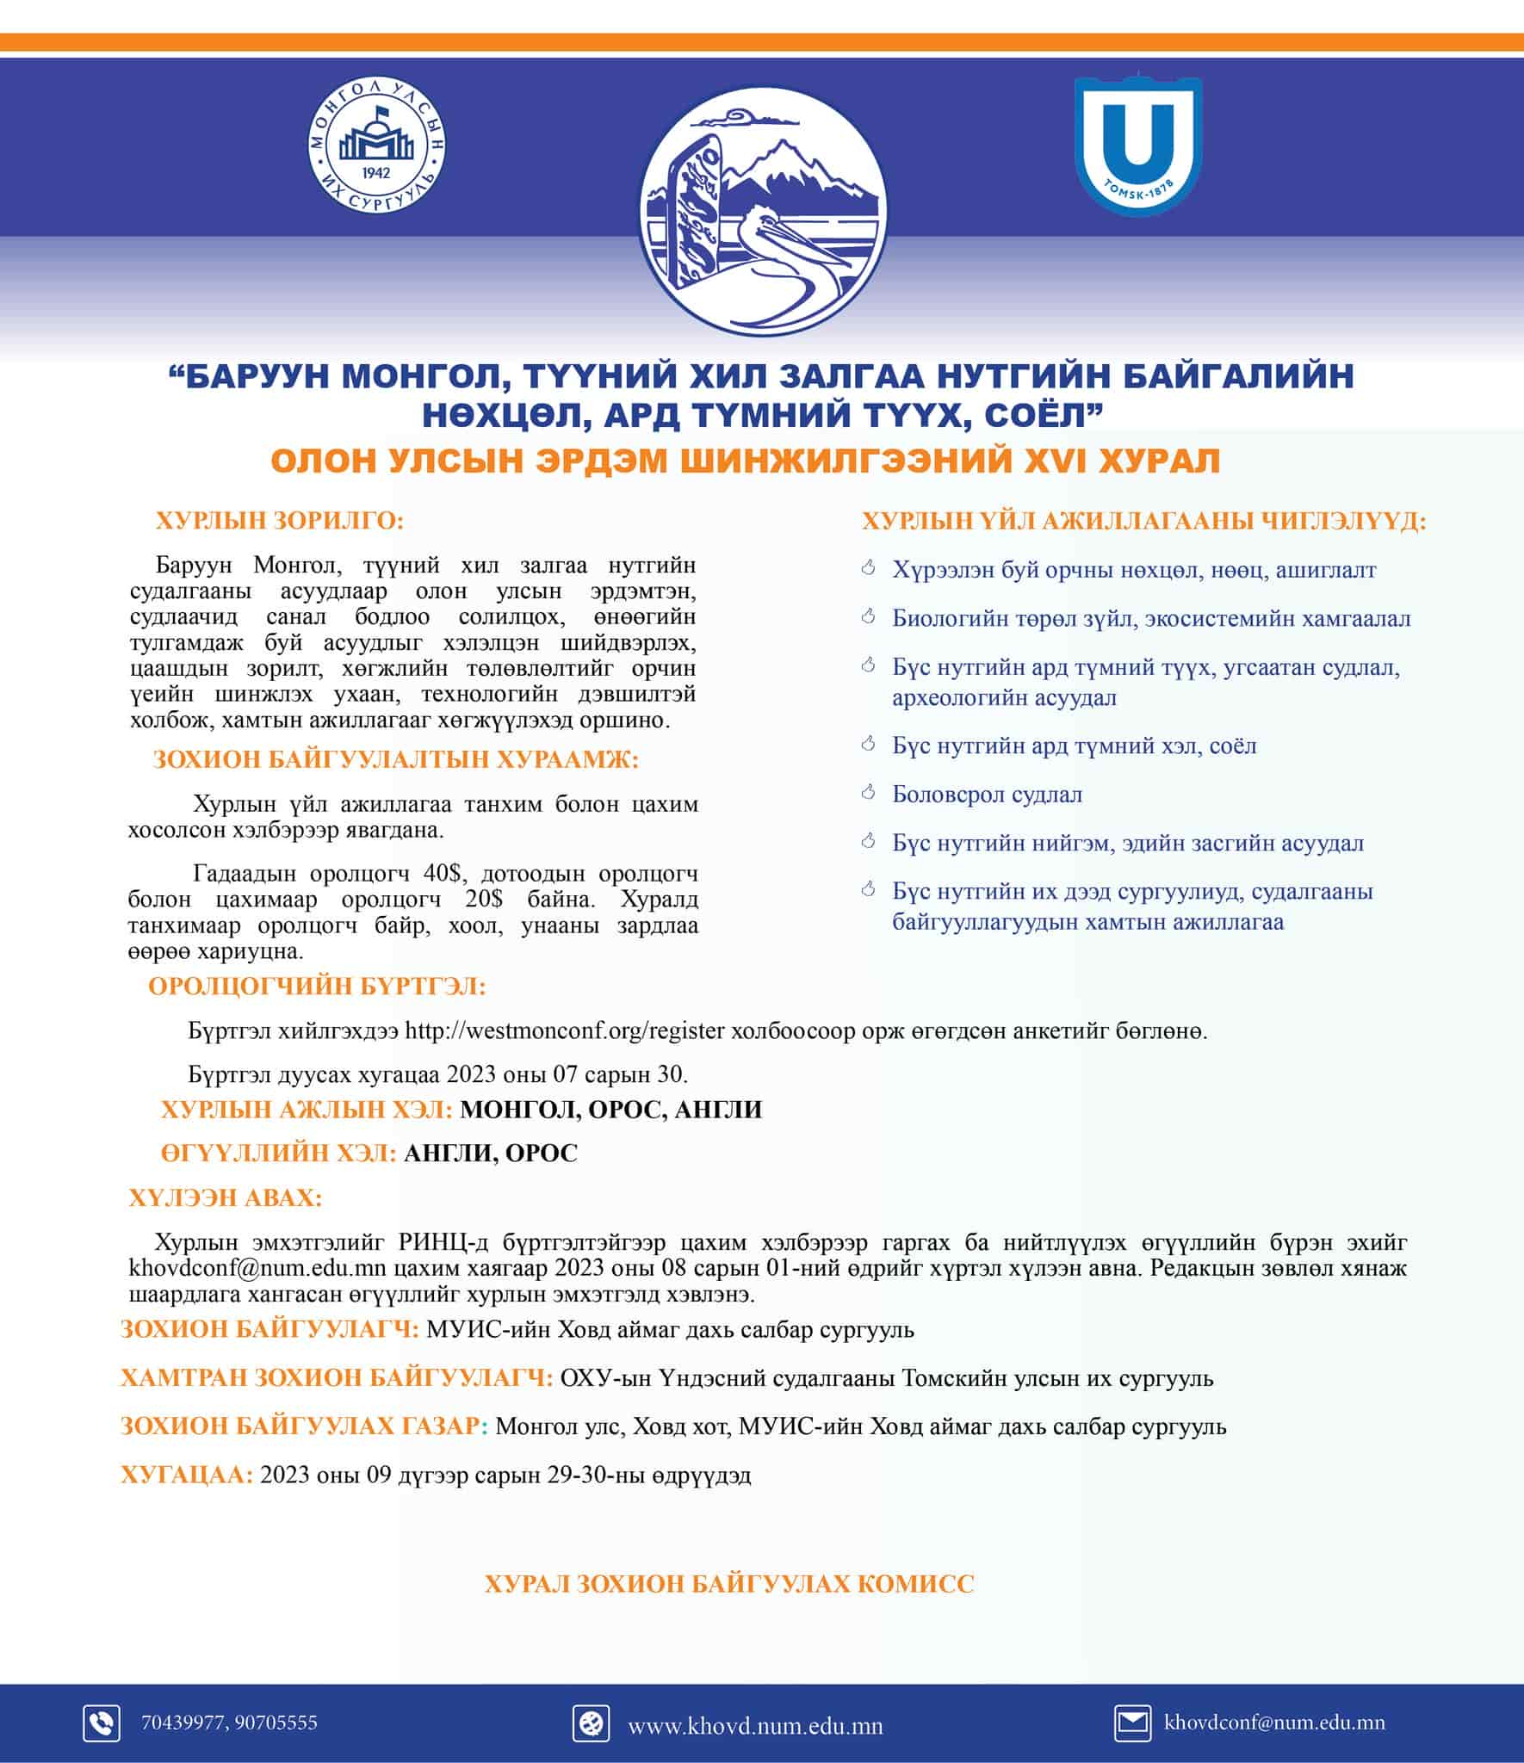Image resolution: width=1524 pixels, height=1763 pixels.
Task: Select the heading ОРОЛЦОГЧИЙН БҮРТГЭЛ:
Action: click(317, 986)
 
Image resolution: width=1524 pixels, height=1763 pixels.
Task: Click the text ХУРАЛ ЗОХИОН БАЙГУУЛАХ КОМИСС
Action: click(729, 1584)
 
